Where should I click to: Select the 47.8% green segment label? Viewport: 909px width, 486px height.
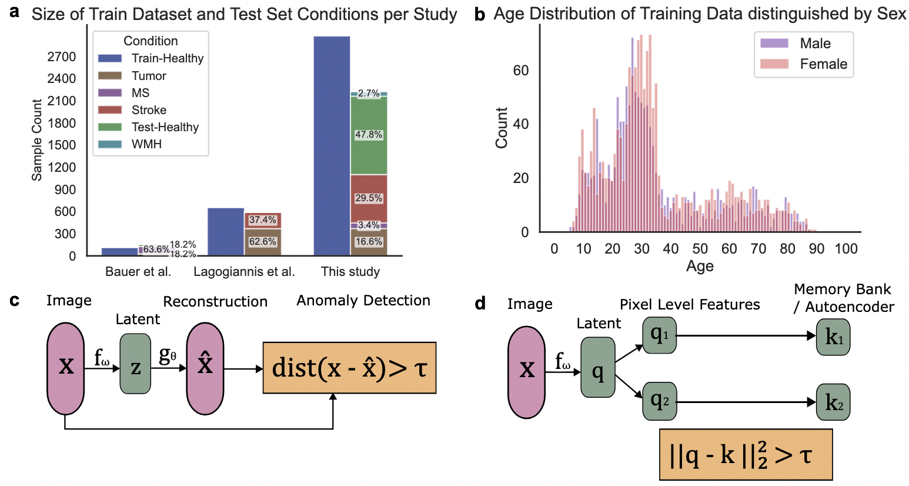click(369, 135)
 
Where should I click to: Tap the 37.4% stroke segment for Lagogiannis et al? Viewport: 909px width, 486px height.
click(263, 220)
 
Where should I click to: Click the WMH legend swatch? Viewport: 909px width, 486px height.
click(109, 144)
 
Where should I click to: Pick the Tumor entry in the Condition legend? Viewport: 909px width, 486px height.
click(148, 76)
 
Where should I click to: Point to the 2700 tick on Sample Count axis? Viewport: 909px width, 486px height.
click(62, 56)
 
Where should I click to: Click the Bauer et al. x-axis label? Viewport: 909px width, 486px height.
click(138, 272)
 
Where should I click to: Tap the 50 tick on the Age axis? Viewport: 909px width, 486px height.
click(700, 249)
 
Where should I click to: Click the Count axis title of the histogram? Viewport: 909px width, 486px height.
click(502, 128)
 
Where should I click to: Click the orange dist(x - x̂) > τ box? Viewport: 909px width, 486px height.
click(349, 368)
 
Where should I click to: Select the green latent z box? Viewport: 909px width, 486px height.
click(135, 364)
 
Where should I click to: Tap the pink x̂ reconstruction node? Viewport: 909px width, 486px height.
click(205, 368)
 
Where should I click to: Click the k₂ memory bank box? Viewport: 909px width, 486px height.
click(833, 403)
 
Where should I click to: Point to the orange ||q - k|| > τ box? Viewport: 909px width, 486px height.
click(746, 454)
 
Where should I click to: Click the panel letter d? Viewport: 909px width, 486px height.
click(480, 304)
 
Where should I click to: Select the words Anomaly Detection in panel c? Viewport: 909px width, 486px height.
click(363, 301)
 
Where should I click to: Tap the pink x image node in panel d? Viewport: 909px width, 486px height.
click(527, 372)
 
